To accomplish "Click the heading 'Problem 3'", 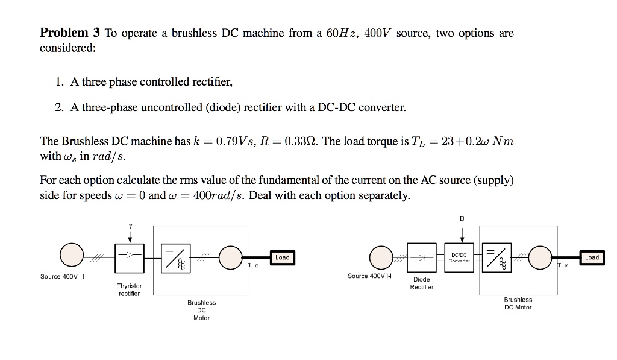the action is point(69,33).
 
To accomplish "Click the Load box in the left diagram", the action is point(282,257).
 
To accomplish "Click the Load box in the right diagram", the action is point(592,257).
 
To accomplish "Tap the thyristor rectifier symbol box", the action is point(129,257).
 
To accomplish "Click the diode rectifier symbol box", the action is point(422,257).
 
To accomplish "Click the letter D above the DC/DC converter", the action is point(462,219).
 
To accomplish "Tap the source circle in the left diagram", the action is point(71,257).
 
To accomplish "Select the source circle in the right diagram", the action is point(381,258).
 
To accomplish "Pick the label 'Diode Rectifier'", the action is point(422,283).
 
